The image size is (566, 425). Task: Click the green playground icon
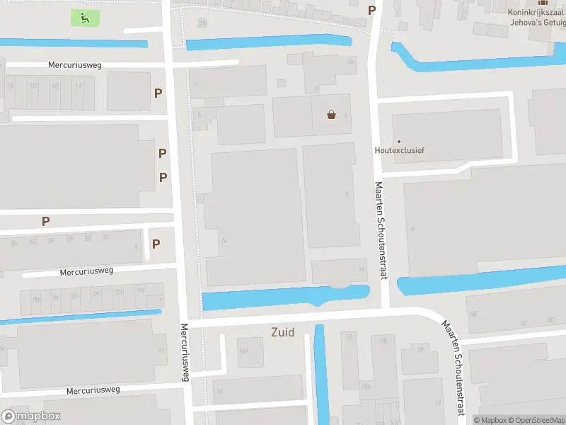pyautogui.click(x=85, y=18)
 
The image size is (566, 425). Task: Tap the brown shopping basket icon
pyautogui.click(x=331, y=115)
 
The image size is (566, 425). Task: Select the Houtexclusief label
pyautogui.click(x=399, y=150)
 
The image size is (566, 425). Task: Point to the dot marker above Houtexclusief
pyautogui.click(x=398, y=141)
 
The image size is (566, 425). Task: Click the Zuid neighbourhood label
pyautogui.click(x=282, y=331)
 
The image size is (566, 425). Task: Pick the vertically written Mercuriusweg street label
pyautogui.click(x=185, y=352)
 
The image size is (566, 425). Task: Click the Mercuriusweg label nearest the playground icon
pyautogui.click(x=75, y=65)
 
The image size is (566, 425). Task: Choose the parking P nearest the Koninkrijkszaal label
pyautogui.click(x=371, y=10)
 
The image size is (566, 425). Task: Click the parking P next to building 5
pyautogui.click(x=156, y=244)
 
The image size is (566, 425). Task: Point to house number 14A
pyautogui.click(x=243, y=351)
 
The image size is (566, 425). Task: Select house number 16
pyautogui.click(x=220, y=392)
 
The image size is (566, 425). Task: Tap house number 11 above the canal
pyautogui.click(x=362, y=270)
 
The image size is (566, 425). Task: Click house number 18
pyautogui.click(x=420, y=348)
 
